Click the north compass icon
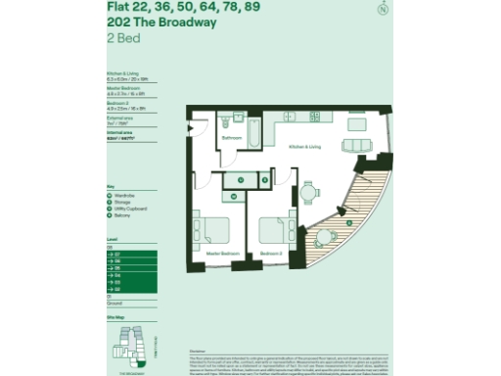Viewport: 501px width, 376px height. click(393, 10)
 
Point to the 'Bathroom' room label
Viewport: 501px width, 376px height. click(231, 139)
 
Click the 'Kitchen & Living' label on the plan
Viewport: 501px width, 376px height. click(304, 147)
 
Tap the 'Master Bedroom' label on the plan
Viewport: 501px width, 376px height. click(222, 254)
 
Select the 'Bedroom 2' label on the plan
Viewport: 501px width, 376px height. click(271, 254)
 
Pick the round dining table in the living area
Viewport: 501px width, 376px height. click(307, 193)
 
